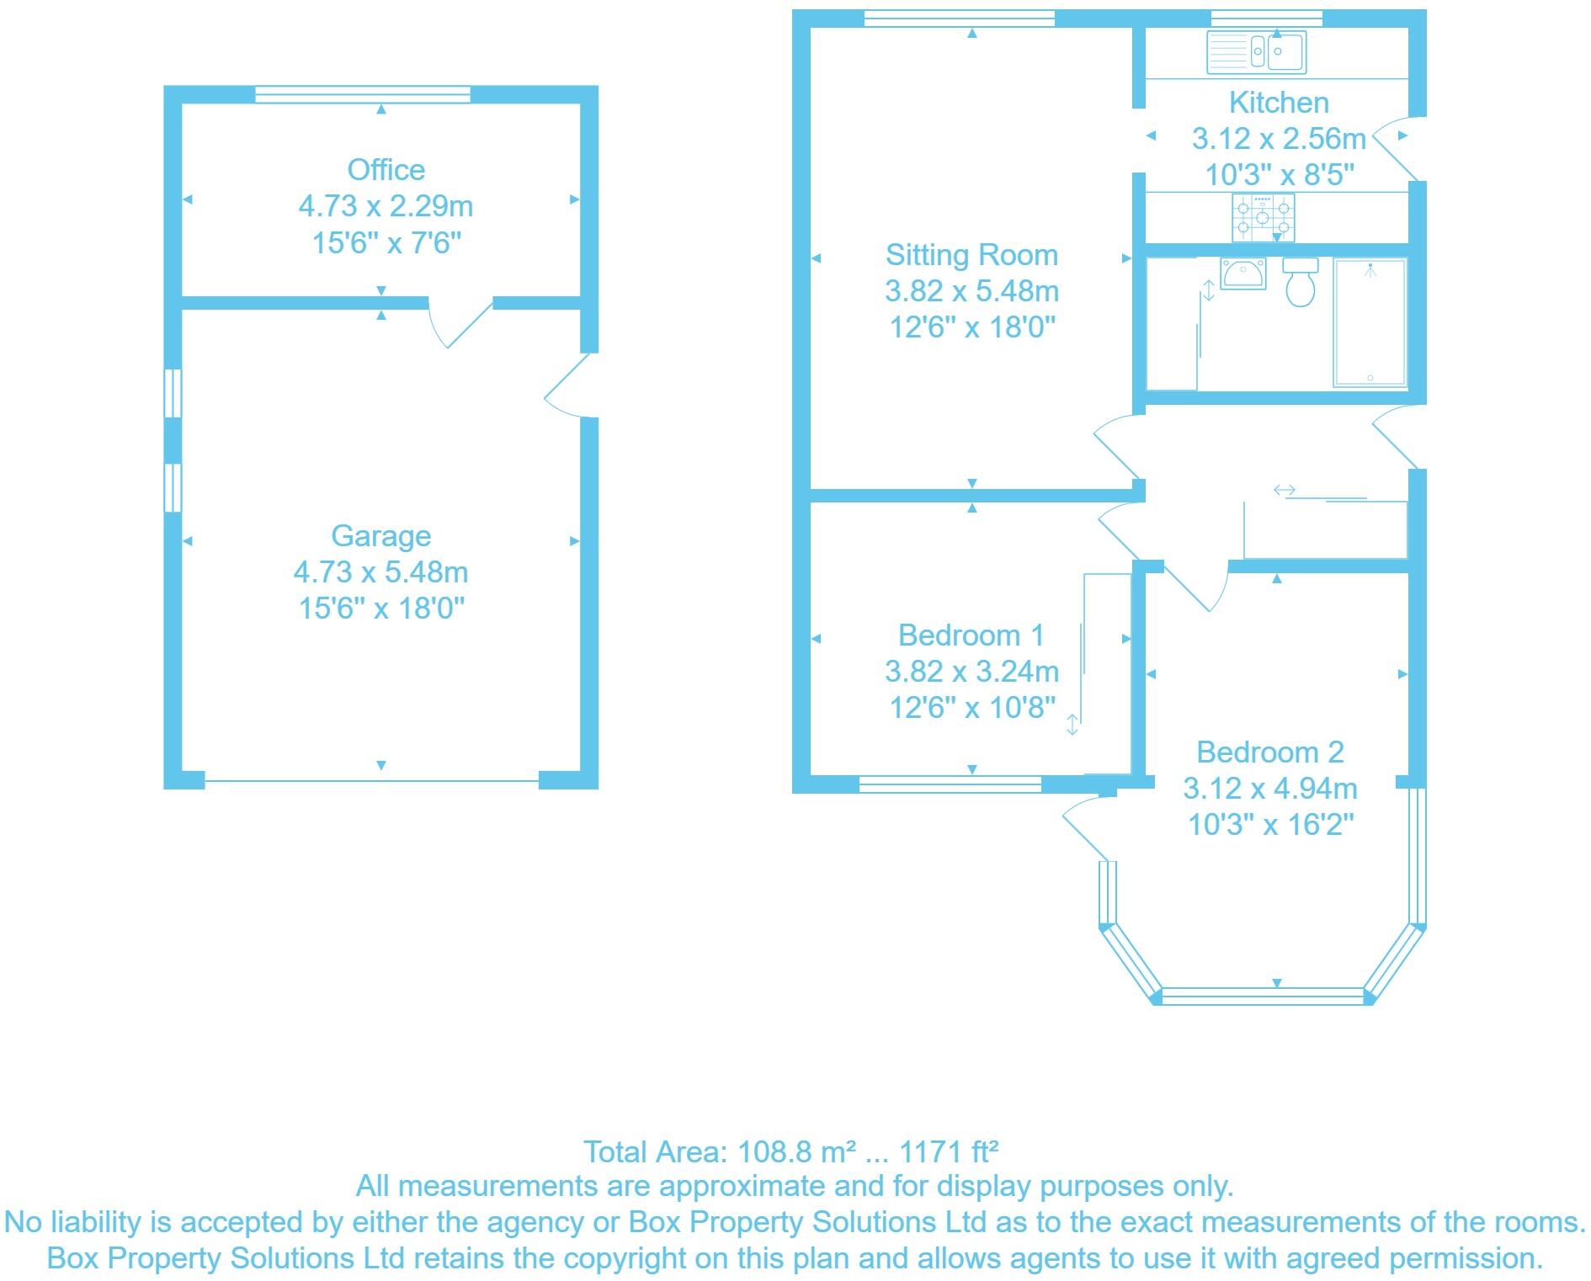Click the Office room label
coord(386,170)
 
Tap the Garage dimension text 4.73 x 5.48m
coord(380,572)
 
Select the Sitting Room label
coord(971,255)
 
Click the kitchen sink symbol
coord(1255,52)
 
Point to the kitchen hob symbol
coord(1263,216)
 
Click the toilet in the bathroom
coord(1301,284)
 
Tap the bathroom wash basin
coord(1243,274)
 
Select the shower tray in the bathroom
coord(1370,322)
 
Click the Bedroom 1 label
coord(971,635)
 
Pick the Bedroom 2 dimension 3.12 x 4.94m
coord(1269,789)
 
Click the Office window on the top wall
coord(362,94)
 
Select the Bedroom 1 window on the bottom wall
coord(950,784)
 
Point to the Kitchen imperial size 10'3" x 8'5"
coord(1279,175)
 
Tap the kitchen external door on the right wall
coord(1399,149)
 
